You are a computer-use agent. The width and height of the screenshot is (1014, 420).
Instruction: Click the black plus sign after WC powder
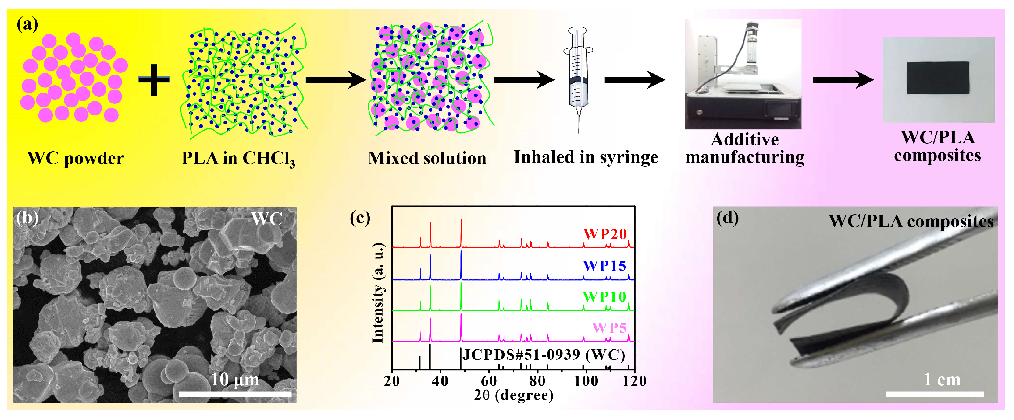click(154, 80)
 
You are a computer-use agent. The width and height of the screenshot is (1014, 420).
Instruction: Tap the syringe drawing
click(578, 75)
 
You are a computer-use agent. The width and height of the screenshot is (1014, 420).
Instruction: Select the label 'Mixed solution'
click(427, 158)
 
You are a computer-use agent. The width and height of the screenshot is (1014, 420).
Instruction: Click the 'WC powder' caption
click(75, 158)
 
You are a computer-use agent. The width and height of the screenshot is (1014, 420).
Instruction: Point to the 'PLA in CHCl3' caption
click(238, 158)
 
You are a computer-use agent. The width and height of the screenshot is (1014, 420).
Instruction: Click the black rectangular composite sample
click(938, 78)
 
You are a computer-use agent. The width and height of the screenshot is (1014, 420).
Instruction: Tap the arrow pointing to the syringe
click(523, 80)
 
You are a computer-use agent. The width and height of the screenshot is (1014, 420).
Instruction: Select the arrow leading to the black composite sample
click(843, 80)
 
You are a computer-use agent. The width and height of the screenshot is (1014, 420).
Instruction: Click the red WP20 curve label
click(605, 234)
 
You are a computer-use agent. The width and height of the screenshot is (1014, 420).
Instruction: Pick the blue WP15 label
click(604, 266)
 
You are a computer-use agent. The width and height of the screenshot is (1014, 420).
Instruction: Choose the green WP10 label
click(604, 297)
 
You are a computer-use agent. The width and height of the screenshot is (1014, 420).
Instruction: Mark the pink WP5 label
click(609, 328)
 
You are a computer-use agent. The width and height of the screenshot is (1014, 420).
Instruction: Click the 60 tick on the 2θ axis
click(489, 381)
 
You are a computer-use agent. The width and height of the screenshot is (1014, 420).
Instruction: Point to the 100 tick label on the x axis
click(586, 381)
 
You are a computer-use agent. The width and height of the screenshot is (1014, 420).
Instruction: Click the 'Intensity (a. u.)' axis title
click(378, 293)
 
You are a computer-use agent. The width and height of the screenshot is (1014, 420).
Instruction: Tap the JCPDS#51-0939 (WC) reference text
click(543, 355)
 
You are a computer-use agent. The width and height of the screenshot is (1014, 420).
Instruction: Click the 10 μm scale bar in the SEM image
click(235, 393)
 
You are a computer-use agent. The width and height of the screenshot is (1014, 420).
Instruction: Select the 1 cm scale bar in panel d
click(935, 394)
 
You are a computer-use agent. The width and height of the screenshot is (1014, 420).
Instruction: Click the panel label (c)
click(360, 218)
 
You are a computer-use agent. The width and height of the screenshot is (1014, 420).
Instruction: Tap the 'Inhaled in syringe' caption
click(586, 157)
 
